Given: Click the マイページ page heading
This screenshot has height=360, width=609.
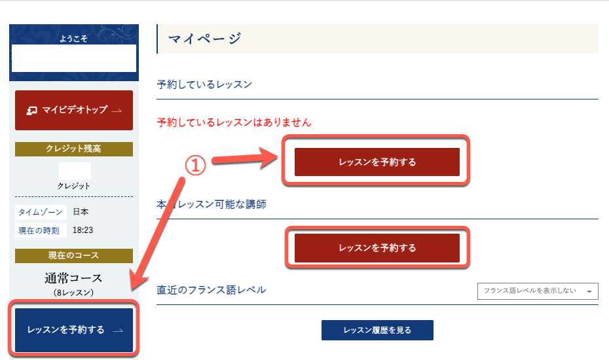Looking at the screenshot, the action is pyautogui.click(x=205, y=39).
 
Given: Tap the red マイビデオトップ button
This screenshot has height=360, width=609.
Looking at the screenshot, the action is pyautogui.click(x=74, y=111).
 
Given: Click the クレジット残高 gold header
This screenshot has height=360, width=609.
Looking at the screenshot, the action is pyautogui.click(x=74, y=149).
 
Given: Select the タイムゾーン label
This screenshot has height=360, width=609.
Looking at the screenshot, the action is pyautogui.click(x=41, y=212).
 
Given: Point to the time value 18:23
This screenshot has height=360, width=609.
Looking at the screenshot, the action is pyautogui.click(x=83, y=230).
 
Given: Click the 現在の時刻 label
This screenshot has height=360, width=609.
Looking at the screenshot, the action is pyautogui.click(x=39, y=230).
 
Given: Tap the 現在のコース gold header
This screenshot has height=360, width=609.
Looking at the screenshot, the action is pyautogui.click(x=74, y=255).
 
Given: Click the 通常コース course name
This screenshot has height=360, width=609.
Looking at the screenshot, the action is pyautogui.click(x=73, y=278).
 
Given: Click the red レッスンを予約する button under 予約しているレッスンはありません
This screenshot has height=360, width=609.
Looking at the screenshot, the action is pyautogui.click(x=377, y=162).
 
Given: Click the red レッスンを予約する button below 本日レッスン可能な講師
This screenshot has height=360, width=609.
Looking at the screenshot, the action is pyautogui.click(x=377, y=248).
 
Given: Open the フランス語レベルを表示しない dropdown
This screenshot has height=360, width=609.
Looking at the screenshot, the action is pyautogui.click(x=538, y=291).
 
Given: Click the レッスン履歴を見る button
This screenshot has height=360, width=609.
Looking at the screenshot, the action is pyautogui.click(x=377, y=330).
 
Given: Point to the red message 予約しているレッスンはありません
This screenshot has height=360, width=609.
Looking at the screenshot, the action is pyautogui.click(x=234, y=122).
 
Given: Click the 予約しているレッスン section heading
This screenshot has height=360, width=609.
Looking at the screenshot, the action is pyautogui.click(x=204, y=84).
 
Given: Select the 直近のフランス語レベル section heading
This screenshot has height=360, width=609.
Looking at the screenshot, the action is pyautogui.click(x=212, y=290).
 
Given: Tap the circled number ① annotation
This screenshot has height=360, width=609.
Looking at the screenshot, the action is pyautogui.click(x=195, y=166).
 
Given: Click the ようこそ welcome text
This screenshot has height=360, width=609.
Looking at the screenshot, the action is pyautogui.click(x=73, y=39).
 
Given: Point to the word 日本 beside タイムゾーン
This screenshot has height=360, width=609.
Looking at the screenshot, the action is pyautogui.click(x=81, y=211).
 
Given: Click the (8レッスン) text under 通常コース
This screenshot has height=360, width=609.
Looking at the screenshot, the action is pyautogui.click(x=73, y=293).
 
